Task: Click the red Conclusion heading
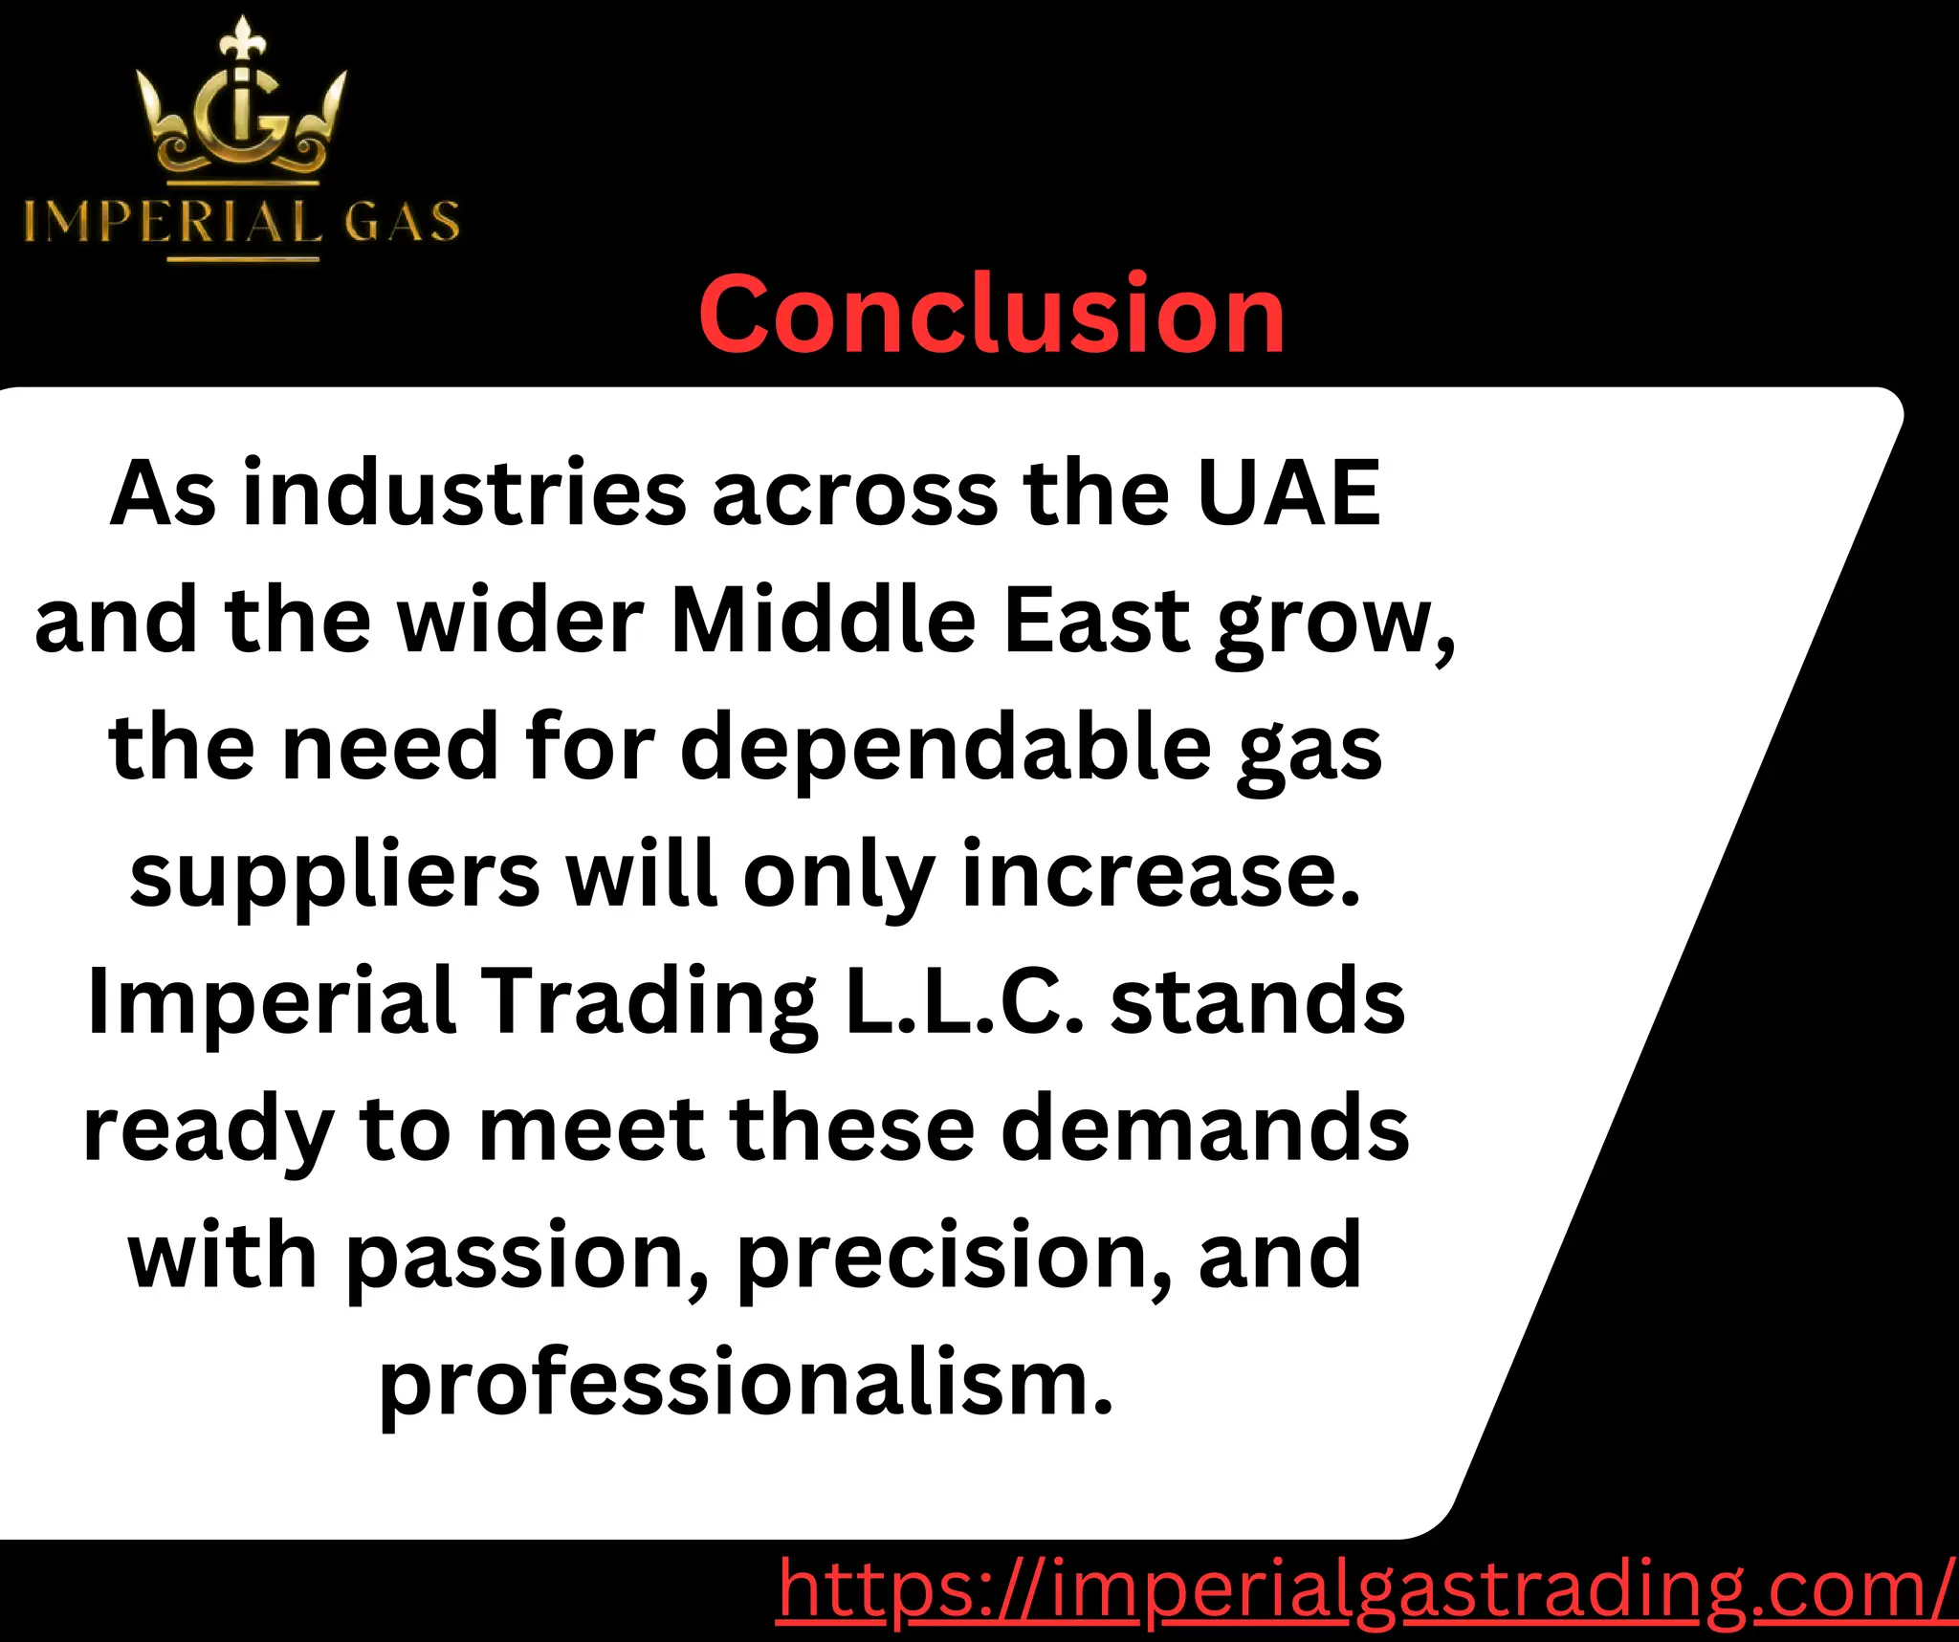tap(991, 315)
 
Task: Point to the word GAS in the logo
tap(402, 222)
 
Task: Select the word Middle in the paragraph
tap(823, 622)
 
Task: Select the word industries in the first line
tap(464, 494)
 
